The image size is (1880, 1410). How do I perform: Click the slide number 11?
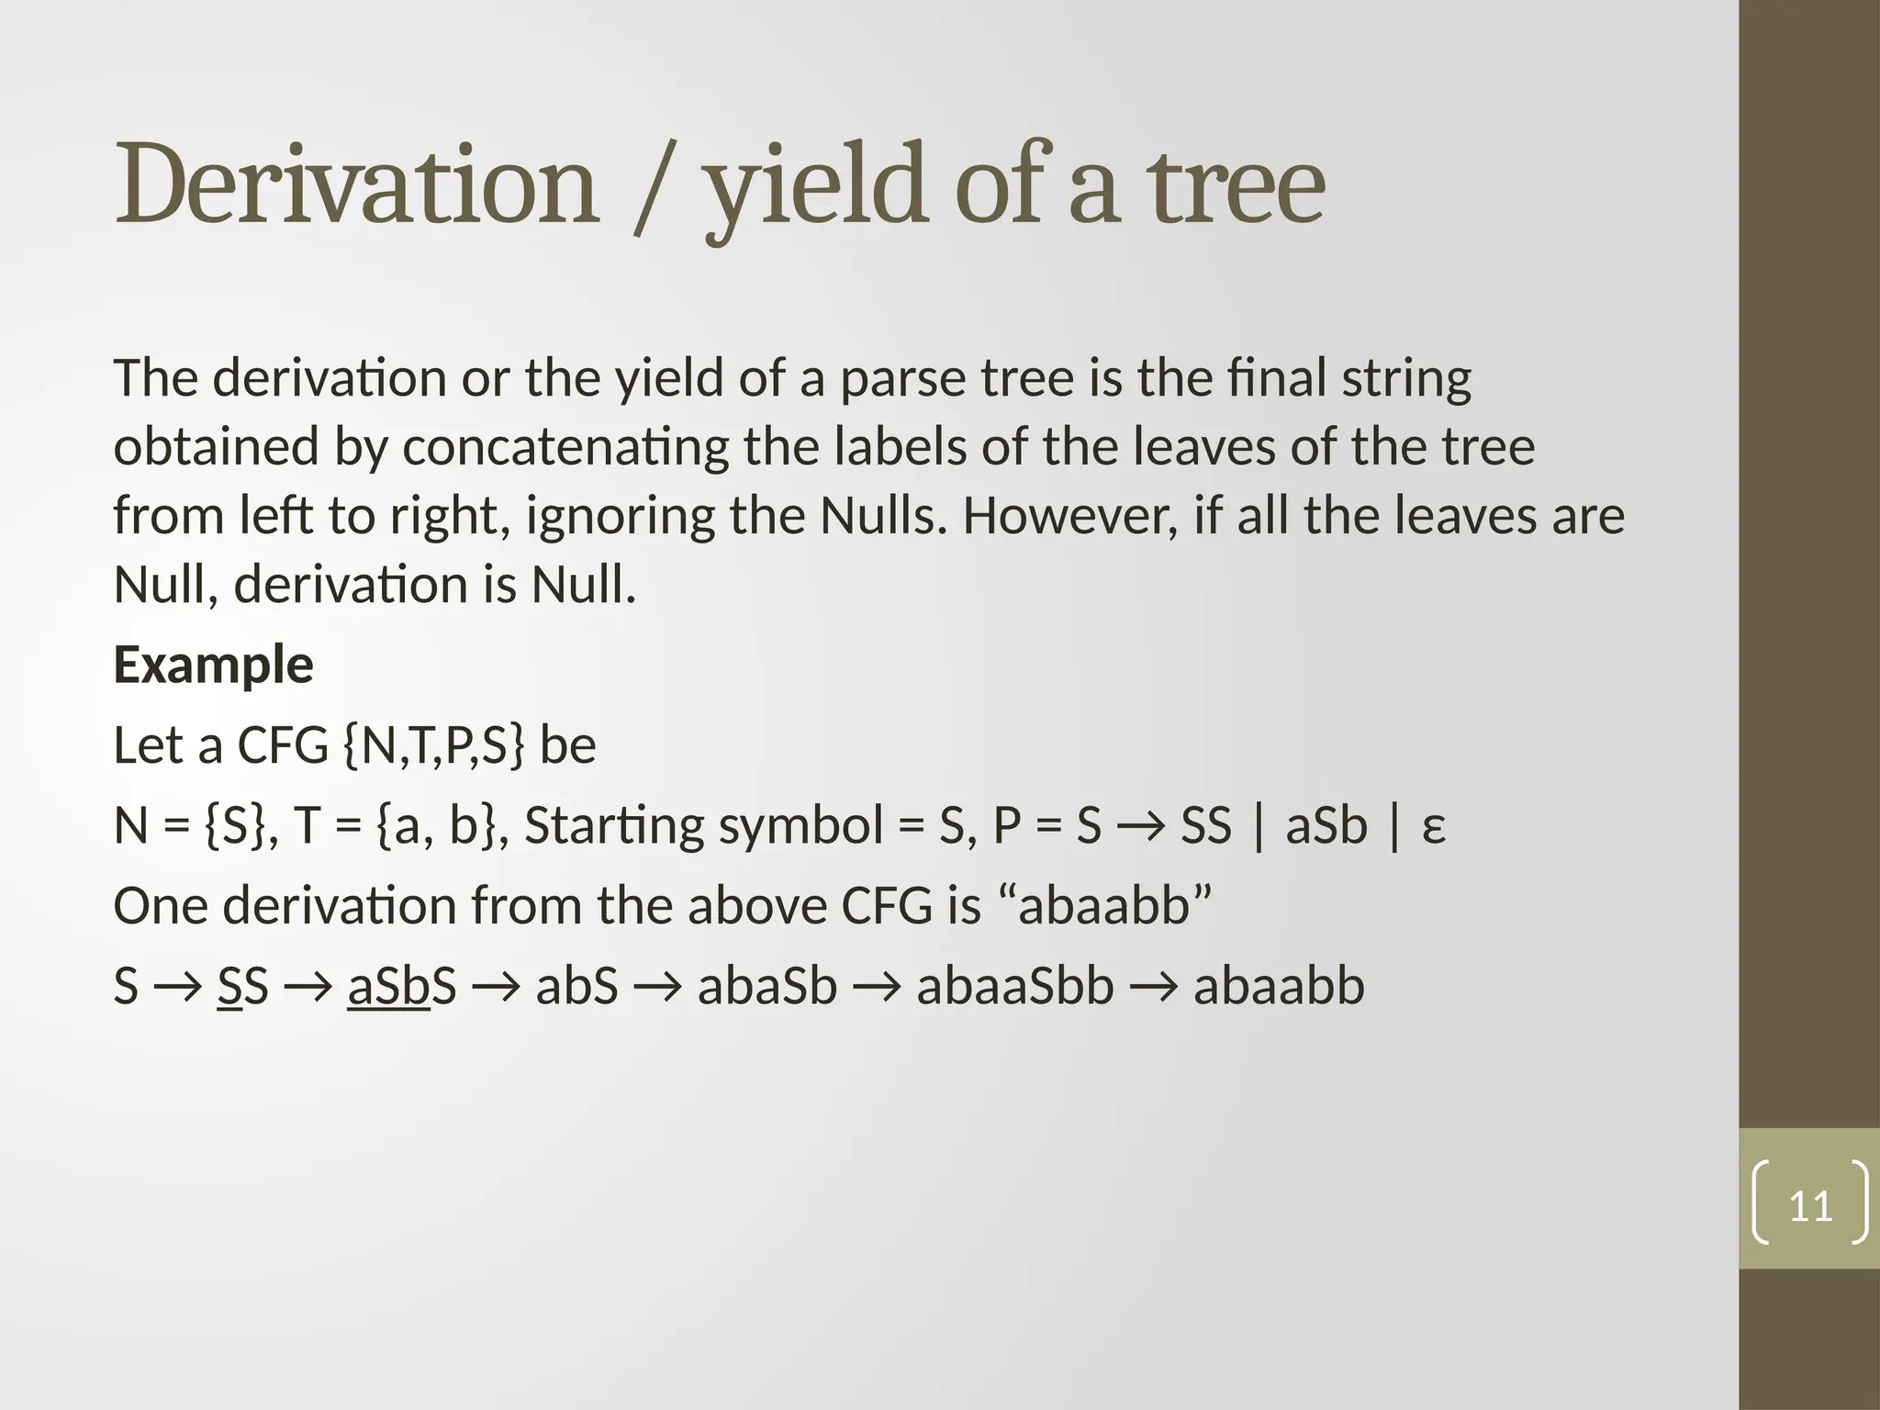(1810, 1206)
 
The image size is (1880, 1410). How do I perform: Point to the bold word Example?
(213, 665)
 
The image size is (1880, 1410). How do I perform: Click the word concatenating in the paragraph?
(565, 447)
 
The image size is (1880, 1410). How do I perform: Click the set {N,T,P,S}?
(434, 744)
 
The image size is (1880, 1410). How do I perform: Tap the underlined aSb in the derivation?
(388, 987)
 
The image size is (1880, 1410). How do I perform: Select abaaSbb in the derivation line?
(1015, 987)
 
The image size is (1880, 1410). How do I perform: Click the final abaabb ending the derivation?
(1279, 987)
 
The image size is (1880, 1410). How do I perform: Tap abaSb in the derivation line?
(767, 987)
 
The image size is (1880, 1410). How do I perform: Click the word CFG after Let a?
(283, 744)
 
